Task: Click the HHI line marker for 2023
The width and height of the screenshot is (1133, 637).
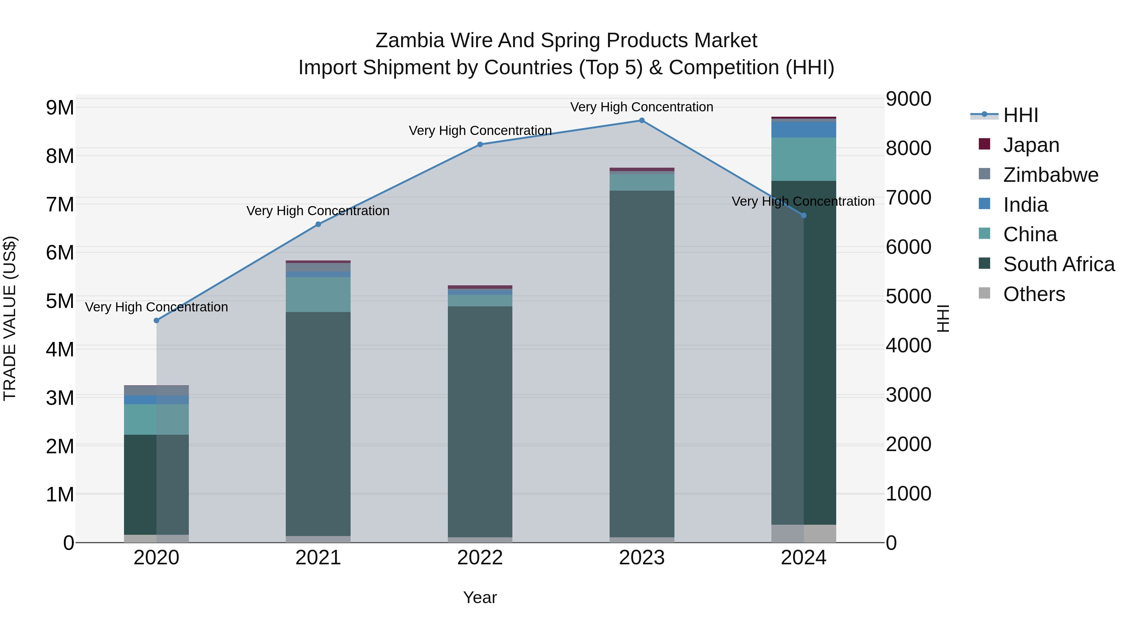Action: pos(642,120)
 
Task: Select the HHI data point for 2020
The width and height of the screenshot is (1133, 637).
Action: pos(157,321)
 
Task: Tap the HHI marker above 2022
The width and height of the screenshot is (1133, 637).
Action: pos(480,144)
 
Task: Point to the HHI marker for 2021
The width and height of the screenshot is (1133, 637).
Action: pos(318,224)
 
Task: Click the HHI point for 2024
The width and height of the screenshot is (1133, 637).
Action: pos(803,215)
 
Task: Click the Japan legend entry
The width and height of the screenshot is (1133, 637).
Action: pos(1031,145)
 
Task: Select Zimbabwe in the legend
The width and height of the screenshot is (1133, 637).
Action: pos(1050,175)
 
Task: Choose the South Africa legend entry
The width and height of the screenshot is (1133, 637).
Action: pos(1058,264)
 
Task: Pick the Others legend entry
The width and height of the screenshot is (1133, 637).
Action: pos(1034,294)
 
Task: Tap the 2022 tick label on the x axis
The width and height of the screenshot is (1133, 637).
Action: pos(480,558)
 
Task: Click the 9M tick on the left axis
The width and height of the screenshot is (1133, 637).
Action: pos(60,108)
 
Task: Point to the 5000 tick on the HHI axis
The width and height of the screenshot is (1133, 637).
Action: pos(908,296)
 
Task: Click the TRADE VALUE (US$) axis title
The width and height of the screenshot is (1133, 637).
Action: pos(10,318)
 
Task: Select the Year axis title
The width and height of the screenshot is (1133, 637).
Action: pos(480,597)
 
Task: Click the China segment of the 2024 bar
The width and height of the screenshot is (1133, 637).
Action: pos(803,159)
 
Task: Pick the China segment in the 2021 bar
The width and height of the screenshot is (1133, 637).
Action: pos(318,294)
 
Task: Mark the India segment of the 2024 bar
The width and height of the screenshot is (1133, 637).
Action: pos(803,130)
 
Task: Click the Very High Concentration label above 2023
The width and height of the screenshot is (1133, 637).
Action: pos(642,107)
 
